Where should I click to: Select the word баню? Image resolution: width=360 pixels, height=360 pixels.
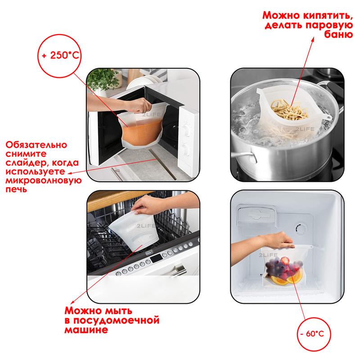(x=338, y=34)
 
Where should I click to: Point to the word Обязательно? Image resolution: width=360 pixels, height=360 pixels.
(x=36, y=144)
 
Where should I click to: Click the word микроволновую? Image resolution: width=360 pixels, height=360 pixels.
(x=43, y=180)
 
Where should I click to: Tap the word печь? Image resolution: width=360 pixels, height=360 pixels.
(x=16, y=189)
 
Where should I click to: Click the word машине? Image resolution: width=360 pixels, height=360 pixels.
(x=86, y=330)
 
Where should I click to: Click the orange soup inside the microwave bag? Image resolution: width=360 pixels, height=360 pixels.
(x=141, y=134)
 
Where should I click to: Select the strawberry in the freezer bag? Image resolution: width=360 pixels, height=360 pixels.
(x=285, y=261)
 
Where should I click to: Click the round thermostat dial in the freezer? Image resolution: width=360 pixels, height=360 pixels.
(x=301, y=229)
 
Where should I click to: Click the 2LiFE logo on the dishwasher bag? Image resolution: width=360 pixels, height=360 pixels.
(x=146, y=226)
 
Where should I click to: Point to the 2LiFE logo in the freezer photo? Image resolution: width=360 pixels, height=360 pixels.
(x=268, y=255)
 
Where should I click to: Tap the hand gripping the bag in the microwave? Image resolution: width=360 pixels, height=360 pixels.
(x=139, y=106)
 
